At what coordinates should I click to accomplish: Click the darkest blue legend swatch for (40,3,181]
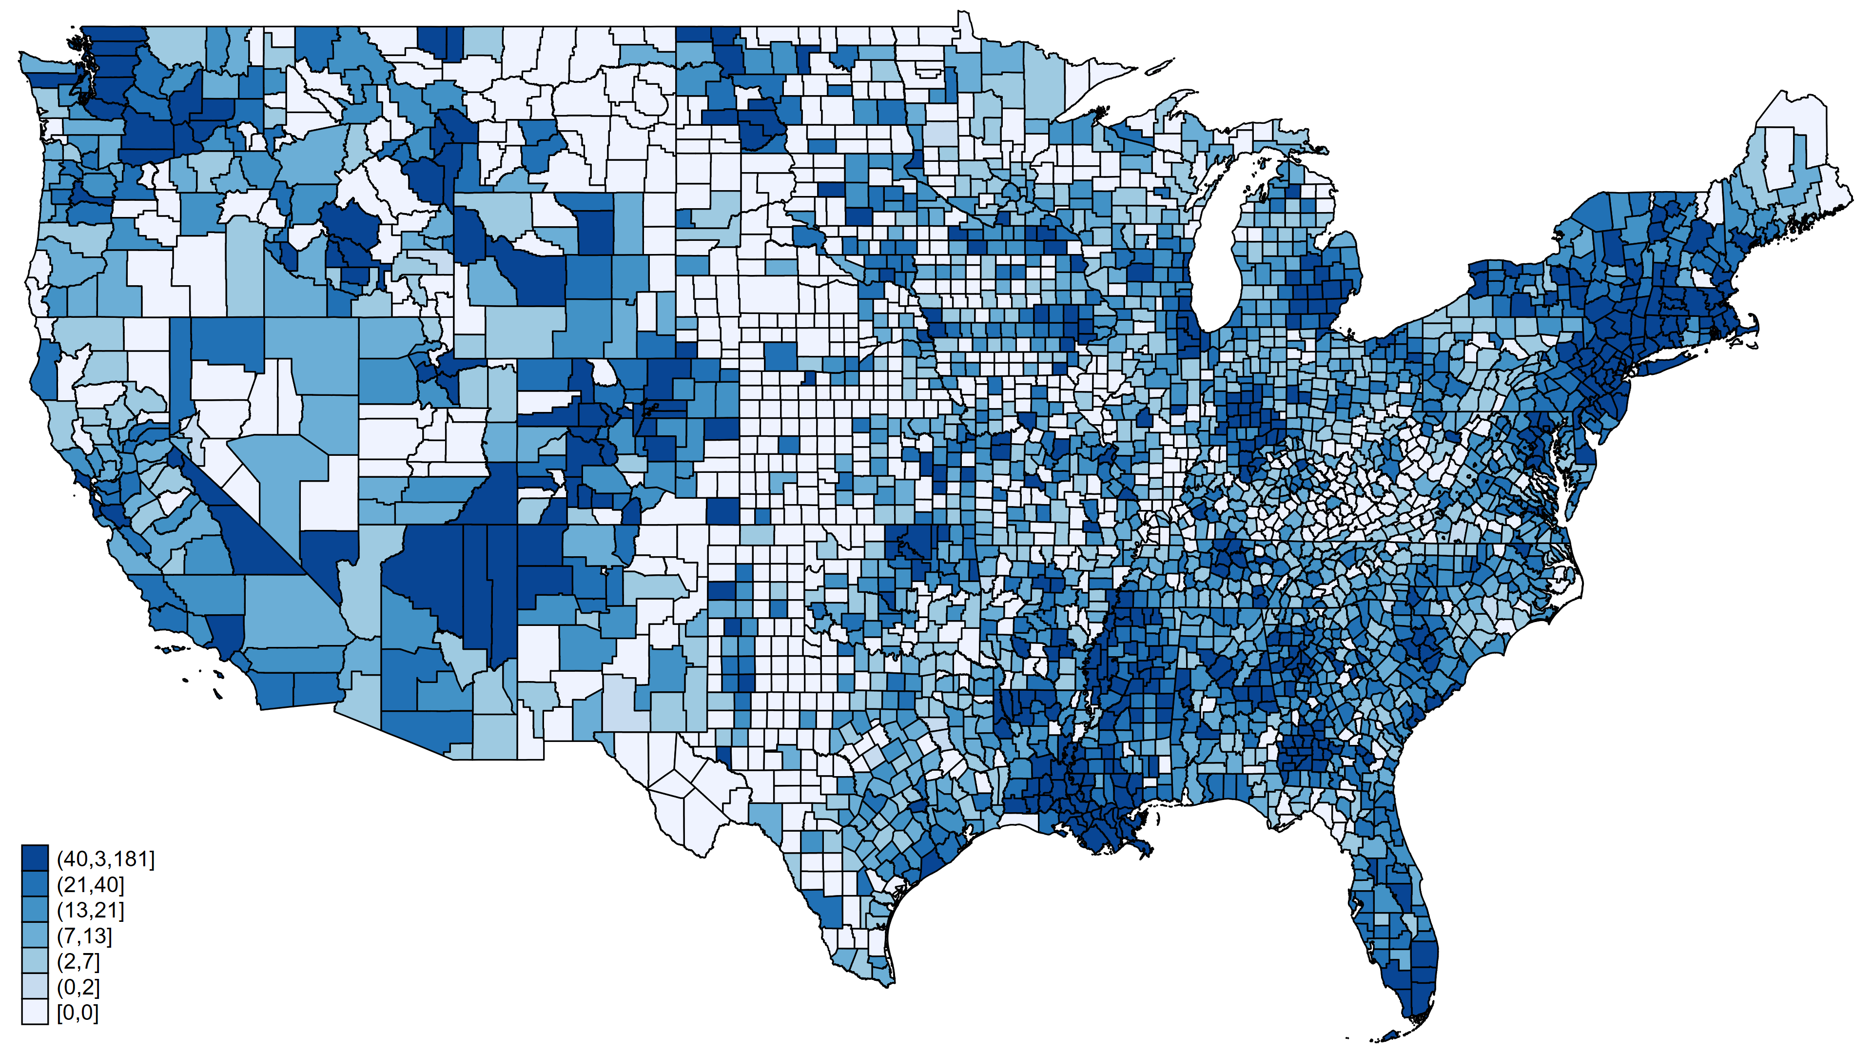[x=34, y=858]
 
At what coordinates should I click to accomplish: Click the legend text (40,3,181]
[x=105, y=859]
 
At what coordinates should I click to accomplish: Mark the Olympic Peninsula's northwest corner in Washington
[x=22, y=55]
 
